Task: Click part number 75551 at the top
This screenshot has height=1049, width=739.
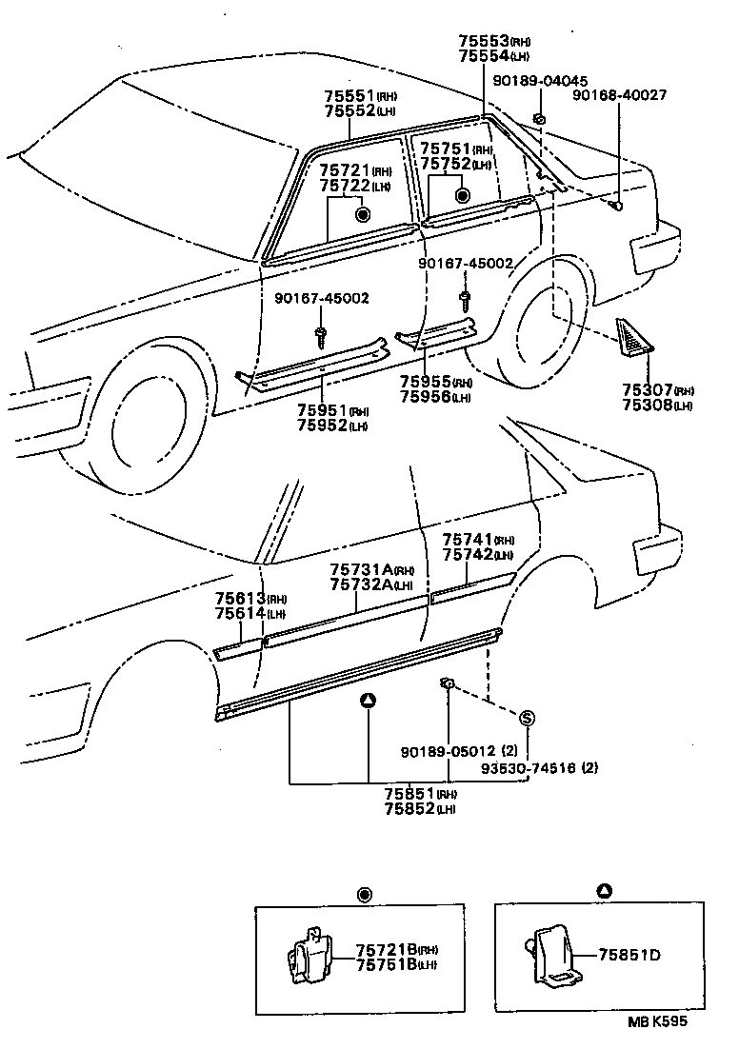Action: pos(346,96)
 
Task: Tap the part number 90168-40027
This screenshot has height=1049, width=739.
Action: pos(619,95)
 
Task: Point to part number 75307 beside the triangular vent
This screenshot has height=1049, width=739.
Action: pos(647,391)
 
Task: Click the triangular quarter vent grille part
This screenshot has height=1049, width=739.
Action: pos(633,339)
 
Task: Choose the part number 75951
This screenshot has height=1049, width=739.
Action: pos(319,411)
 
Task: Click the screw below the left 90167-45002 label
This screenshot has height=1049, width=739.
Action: pos(321,334)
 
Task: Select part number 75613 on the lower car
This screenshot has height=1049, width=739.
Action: pos(237,598)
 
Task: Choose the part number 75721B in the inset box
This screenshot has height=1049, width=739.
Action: pos(384,950)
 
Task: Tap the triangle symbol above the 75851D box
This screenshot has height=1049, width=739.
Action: pos(604,891)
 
